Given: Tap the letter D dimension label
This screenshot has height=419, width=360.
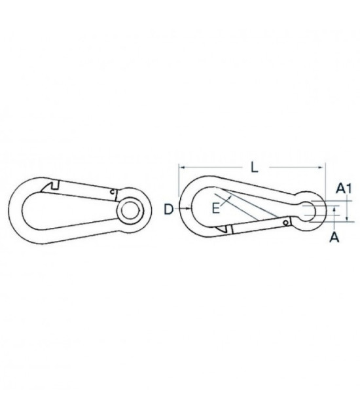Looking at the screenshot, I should pos(169,209).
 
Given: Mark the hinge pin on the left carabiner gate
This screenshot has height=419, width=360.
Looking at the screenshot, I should pos(113,192).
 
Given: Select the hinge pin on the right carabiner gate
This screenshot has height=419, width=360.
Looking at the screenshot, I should pos(287,223).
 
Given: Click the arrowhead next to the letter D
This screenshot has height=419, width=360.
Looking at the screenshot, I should pos(189,209).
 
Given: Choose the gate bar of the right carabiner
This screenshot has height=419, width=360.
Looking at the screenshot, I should pos(259,226).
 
